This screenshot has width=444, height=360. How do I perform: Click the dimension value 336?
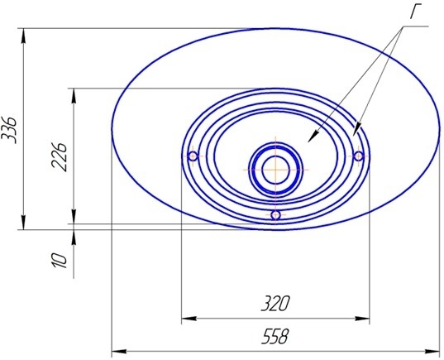click(x=9, y=130)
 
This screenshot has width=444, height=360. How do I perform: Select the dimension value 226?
click(x=60, y=157)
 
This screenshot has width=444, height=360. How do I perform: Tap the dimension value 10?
click(x=60, y=260)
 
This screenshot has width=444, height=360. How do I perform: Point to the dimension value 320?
click(x=275, y=304)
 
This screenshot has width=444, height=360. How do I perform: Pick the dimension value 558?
click(x=275, y=337)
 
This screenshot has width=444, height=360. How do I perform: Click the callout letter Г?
click(x=416, y=12)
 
